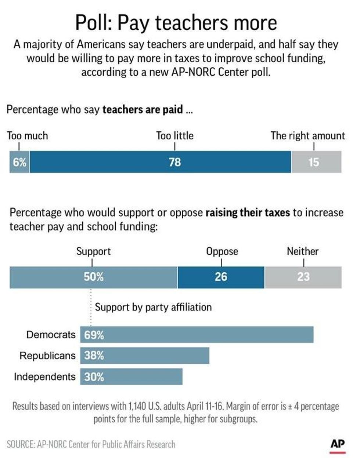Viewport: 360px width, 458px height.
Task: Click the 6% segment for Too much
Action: [x=19, y=162]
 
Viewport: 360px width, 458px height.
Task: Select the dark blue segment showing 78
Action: [x=161, y=162]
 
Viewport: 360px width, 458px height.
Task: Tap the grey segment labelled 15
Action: [x=316, y=162]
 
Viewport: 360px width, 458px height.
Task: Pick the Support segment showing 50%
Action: [x=93, y=277]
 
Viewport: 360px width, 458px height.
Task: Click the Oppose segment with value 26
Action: [x=221, y=277]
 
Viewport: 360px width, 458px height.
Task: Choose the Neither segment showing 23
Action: [x=303, y=277]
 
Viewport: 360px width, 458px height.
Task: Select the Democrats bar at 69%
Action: [x=197, y=335]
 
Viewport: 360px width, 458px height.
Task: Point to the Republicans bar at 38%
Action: [x=145, y=356]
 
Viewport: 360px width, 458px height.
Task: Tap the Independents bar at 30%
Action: [x=132, y=377]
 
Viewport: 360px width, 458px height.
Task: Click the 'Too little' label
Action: [x=175, y=136]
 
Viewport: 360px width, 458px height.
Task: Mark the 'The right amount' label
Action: [x=308, y=136]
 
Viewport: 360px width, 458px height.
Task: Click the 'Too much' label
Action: [x=28, y=136]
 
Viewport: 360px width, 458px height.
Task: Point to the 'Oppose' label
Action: [x=222, y=251]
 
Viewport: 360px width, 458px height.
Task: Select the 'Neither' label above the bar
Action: [x=303, y=251]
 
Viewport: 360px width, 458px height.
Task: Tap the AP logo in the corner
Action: [x=338, y=443]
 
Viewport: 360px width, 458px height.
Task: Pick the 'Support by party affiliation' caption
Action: [x=153, y=307]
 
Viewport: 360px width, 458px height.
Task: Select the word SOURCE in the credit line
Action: [x=20, y=444]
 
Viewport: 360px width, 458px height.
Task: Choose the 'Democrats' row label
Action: [x=51, y=335]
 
